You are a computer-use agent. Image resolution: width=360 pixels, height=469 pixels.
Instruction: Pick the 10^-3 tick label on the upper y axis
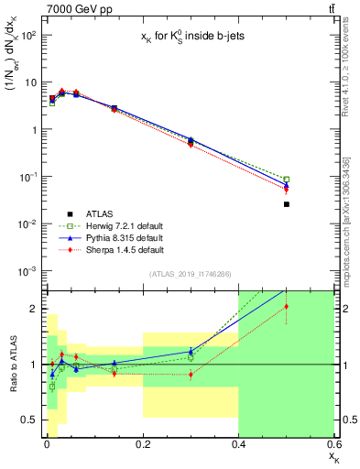coord(27,271)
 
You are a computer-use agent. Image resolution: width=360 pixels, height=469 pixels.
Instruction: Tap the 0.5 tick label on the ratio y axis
coord(29,420)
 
